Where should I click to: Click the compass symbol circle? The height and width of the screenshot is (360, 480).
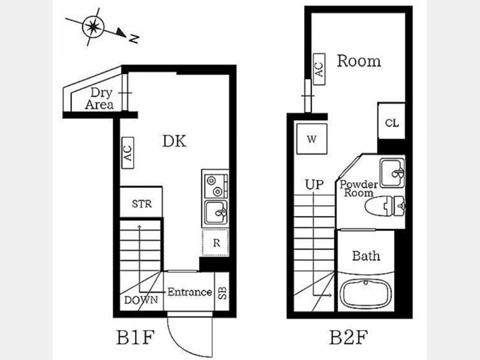[93, 27]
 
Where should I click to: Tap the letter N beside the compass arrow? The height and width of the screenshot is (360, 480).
[134, 38]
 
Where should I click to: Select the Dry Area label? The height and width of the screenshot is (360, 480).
[100, 98]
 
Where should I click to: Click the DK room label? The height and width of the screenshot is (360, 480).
[174, 141]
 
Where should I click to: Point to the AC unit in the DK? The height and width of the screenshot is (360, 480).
[128, 152]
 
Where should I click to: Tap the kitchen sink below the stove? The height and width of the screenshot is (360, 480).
[215, 213]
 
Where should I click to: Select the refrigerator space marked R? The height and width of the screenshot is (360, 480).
[215, 242]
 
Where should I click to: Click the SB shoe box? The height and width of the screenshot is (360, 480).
[222, 292]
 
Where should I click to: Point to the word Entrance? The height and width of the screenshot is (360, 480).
[190, 292]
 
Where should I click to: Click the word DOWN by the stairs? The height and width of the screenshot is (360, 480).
[141, 300]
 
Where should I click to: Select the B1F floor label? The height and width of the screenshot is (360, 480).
[134, 337]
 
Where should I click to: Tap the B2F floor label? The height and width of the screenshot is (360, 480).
[348, 337]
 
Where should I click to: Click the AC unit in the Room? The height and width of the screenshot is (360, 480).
[319, 69]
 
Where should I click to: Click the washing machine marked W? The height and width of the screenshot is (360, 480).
[311, 139]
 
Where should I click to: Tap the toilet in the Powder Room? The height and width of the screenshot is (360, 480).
[385, 205]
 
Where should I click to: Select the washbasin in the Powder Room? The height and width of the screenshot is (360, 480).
[392, 172]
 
